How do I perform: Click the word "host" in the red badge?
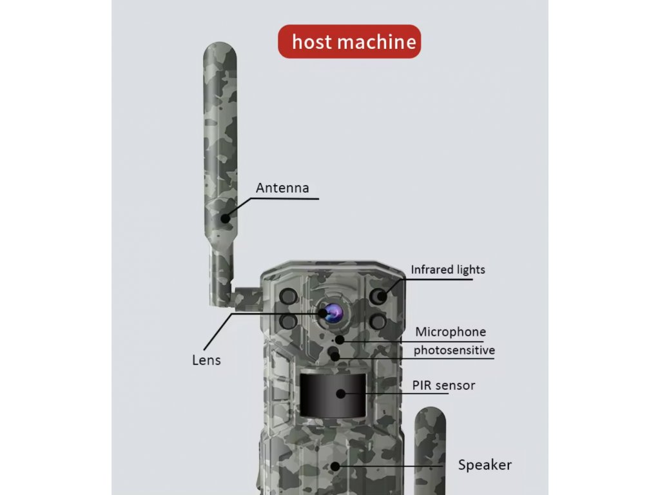coord(312,42)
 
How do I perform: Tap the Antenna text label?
coord(282,188)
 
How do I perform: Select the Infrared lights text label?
coord(448,269)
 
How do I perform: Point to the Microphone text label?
coord(451,332)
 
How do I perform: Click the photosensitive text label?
coord(454,351)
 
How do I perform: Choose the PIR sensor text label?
coord(443,385)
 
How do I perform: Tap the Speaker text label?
coord(485,465)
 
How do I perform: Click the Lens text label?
coord(206,360)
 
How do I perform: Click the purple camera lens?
coord(333,313)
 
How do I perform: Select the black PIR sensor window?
coord(333,394)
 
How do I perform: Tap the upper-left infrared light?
coord(289,296)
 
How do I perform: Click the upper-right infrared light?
coord(379,296)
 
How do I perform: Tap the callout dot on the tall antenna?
coord(226,218)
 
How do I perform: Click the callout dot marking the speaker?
coord(335,465)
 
